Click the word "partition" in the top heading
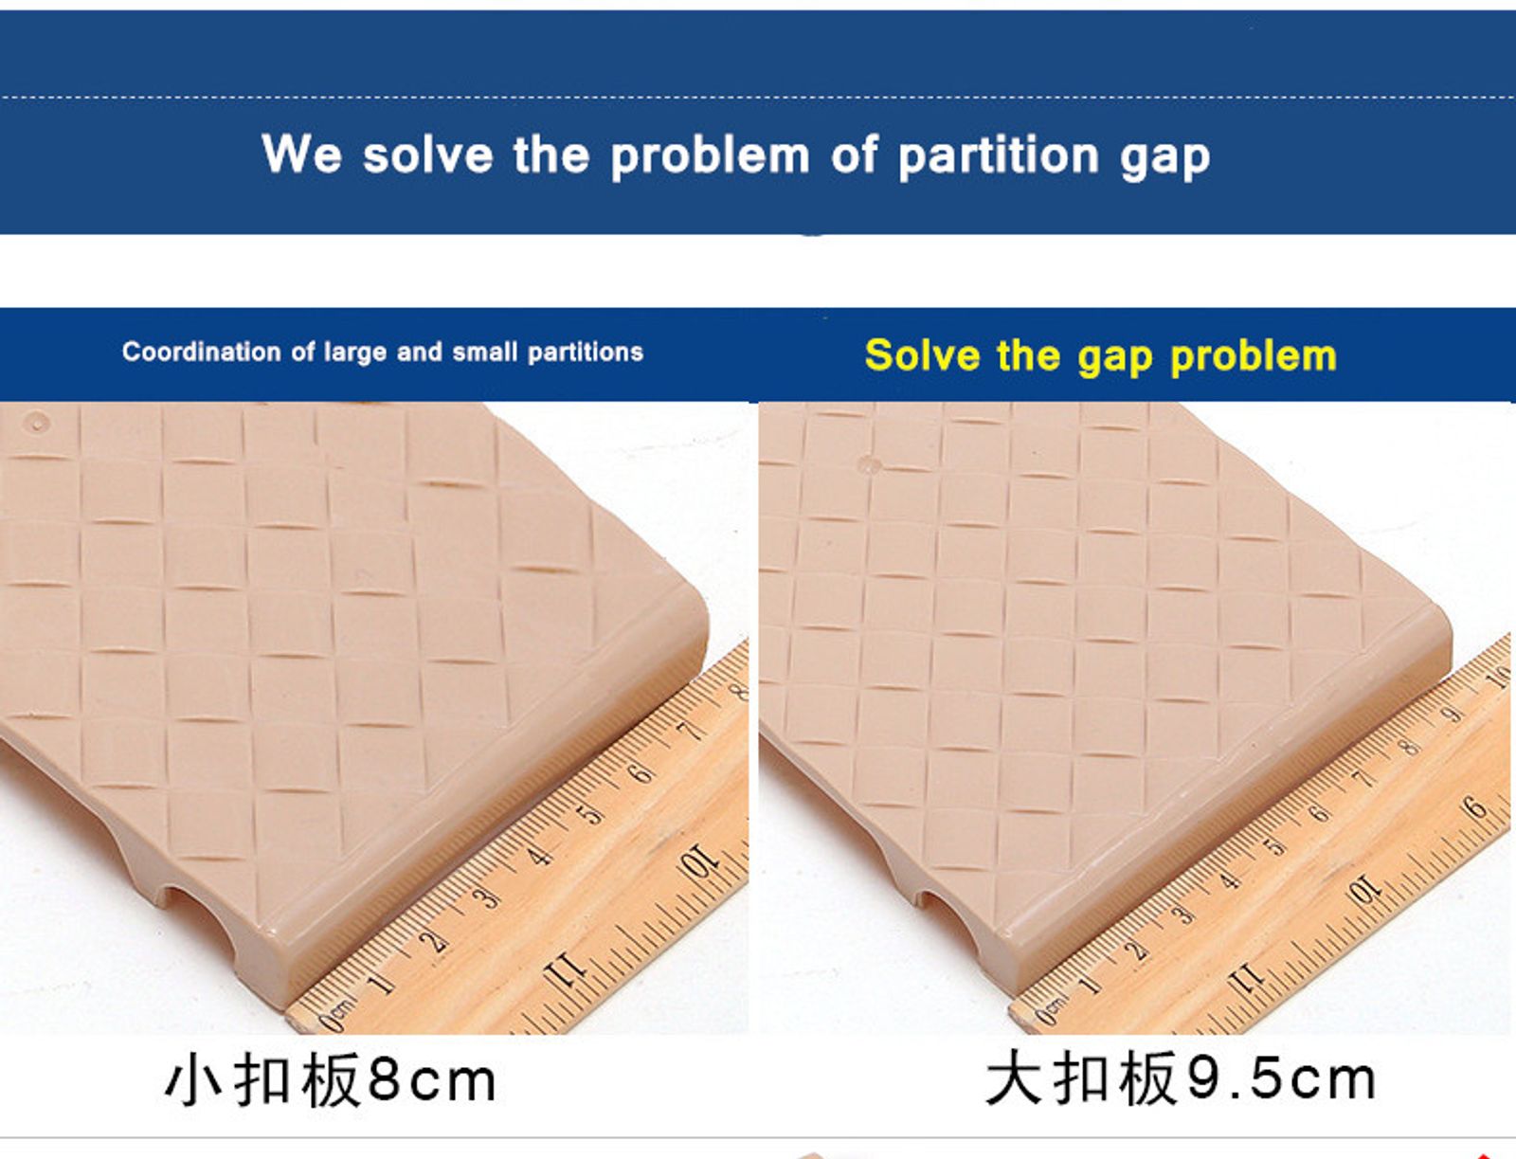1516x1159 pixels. click(998, 156)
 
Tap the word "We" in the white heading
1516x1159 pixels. click(301, 154)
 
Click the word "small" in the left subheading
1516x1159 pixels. click(484, 353)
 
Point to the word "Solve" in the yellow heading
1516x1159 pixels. click(923, 355)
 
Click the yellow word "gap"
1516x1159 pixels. click(1117, 359)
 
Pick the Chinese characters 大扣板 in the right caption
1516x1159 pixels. click(1082, 1079)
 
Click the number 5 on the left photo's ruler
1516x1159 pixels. click(590, 815)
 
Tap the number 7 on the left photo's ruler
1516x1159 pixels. click(691, 731)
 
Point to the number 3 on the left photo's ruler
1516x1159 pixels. click(486, 897)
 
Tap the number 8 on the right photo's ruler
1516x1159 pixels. click(1410, 748)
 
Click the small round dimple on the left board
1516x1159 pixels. click(36, 421)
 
